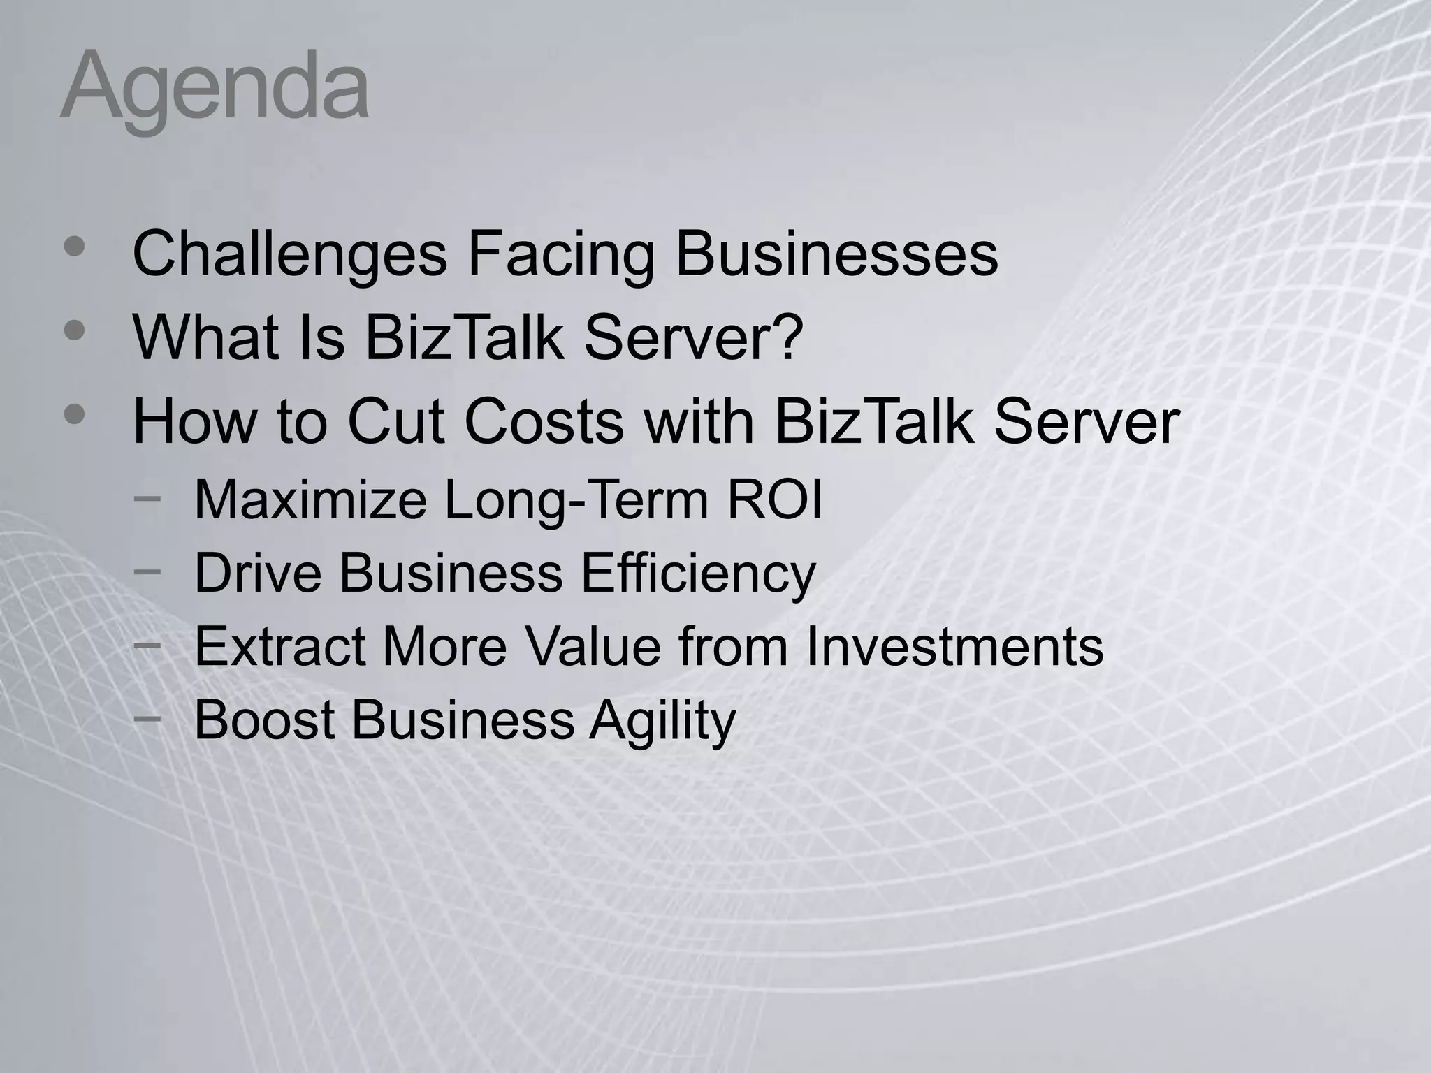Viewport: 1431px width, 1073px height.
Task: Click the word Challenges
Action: [x=289, y=254]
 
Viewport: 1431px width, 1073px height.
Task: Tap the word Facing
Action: [x=561, y=254]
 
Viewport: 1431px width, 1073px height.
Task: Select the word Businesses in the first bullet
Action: [x=836, y=254]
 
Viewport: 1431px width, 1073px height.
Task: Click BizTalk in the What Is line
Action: [x=463, y=338]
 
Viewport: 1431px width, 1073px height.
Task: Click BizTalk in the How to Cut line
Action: [x=873, y=422]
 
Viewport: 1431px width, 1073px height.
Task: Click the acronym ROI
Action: [x=775, y=500]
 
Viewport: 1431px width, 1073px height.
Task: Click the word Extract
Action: [x=279, y=647]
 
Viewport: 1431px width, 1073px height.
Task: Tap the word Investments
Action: [x=954, y=647]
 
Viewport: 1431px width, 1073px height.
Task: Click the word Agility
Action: [x=662, y=720]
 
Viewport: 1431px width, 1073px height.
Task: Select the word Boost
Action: [x=264, y=720]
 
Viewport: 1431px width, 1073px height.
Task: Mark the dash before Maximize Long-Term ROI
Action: [x=147, y=497]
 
